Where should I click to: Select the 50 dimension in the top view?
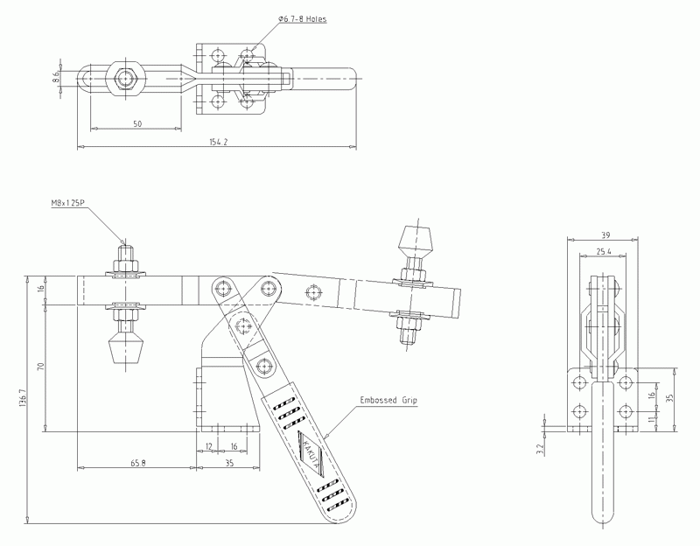point(137,124)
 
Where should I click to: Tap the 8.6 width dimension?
point(56,76)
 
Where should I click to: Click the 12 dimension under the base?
point(208,446)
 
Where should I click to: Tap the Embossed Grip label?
point(389,401)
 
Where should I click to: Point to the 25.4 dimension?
point(602,251)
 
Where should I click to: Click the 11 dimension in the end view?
point(651,420)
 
